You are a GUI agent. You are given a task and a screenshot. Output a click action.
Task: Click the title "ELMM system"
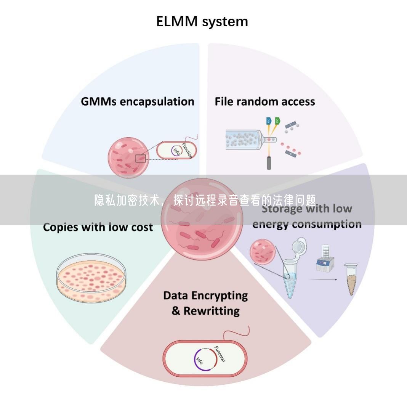tap(202, 21)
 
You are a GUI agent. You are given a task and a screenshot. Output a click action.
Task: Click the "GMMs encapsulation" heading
tap(138, 101)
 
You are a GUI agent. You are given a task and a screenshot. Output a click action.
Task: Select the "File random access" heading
tap(265, 101)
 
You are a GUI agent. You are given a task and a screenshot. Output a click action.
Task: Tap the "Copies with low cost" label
tap(98, 227)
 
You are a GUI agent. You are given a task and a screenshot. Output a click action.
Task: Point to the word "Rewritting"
tap(212, 311)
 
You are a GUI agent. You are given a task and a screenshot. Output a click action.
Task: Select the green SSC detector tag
tap(277, 122)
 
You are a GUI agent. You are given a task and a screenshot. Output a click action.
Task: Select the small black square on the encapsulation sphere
tap(141, 158)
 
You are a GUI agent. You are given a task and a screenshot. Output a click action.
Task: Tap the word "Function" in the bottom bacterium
tap(220, 353)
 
